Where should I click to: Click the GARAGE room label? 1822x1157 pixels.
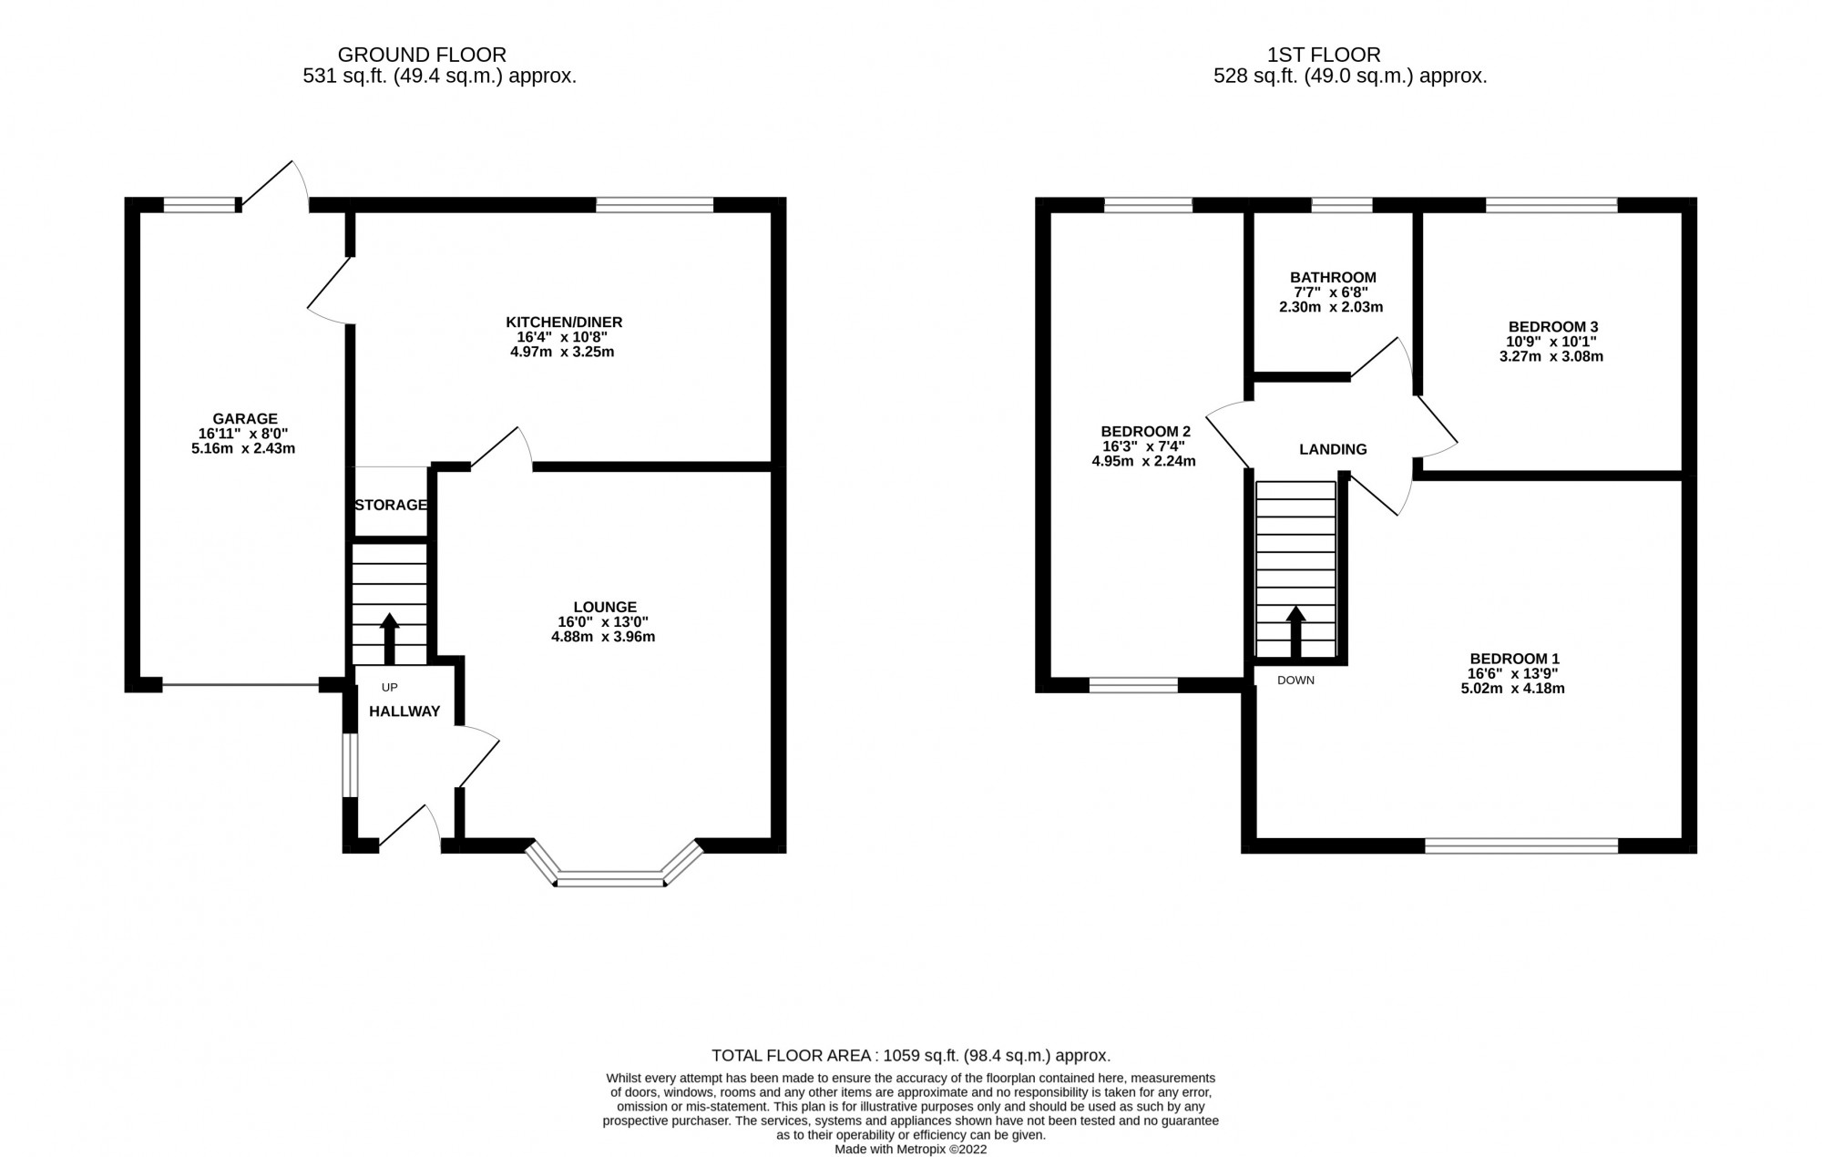pyautogui.click(x=243, y=419)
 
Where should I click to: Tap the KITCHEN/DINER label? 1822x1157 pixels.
pyautogui.click(x=564, y=323)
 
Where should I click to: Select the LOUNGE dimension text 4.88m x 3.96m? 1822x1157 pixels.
pyautogui.click(x=603, y=637)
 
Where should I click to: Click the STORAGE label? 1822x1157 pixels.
pyautogui.click(x=391, y=505)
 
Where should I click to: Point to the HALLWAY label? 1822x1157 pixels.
pyautogui.click(x=404, y=712)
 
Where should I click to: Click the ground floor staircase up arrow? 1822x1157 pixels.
pyautogui.click(x=389, y=637)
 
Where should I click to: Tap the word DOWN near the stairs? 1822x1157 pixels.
pyautogui.click(x=1295, y=681)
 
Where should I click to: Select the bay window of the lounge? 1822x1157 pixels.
pyautogui.click(x=611, y=876)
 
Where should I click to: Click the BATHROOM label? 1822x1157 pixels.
pyautogui.click(x=1333, y=278)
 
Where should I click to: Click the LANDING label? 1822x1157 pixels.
pyautogui.click(x=1333, y=449)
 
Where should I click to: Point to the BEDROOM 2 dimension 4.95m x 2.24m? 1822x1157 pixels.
pyautogui.click(x=1143, y=462)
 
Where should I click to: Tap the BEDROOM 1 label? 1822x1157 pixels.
pyautogui.click(x=1514, y=659)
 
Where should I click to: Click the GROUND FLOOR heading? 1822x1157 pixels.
pyautogui.click(x=422, y=55)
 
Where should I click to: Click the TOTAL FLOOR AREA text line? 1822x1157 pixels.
pyautogui.click(x=911, y=1056)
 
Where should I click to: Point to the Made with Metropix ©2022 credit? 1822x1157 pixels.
pyautogui.click(x=911, y=1150)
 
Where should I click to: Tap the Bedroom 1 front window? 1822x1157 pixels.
pyautogui.click(x=1520, y=846)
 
